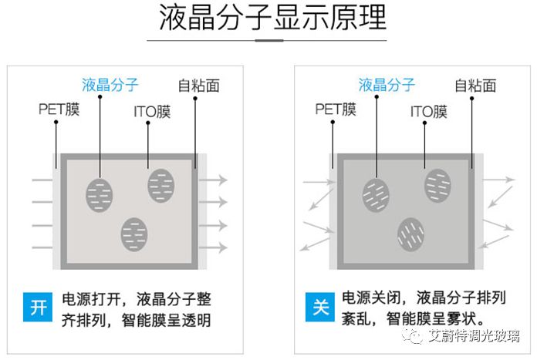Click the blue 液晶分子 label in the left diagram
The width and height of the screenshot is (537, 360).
110,84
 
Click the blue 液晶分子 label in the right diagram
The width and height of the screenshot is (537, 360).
387,84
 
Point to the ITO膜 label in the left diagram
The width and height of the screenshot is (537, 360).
152,112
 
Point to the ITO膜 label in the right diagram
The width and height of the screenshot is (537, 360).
428,112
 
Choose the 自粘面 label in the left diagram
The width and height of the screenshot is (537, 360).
198,85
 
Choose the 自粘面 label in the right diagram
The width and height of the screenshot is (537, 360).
475,85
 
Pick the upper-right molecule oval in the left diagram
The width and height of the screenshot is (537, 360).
161,185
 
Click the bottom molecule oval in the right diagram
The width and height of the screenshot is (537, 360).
410,232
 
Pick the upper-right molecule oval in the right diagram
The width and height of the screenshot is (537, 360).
437,185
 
